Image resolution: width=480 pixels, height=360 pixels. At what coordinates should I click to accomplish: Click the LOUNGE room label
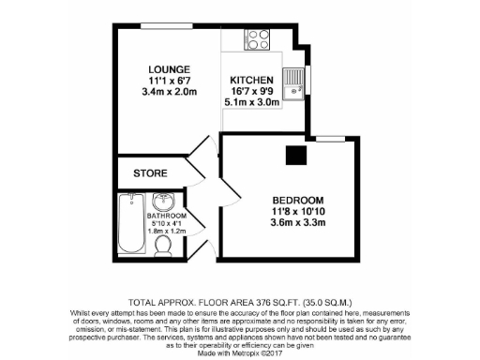169,69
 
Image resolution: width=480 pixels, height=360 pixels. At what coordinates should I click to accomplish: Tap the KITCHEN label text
251,81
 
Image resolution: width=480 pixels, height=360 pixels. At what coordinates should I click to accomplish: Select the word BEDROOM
297,201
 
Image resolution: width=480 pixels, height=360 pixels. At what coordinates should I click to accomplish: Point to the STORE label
150,173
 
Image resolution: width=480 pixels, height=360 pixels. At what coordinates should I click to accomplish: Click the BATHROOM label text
167,217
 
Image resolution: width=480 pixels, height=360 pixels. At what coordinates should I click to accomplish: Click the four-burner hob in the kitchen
256,39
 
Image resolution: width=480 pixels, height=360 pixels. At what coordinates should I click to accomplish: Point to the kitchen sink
292,82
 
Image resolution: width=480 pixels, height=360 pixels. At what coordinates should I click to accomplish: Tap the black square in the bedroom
296,155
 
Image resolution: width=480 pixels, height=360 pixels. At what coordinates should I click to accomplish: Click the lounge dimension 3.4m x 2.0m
169,92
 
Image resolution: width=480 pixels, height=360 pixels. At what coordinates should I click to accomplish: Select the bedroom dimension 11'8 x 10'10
297,212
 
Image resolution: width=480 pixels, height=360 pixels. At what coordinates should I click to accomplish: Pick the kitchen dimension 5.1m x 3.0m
251,103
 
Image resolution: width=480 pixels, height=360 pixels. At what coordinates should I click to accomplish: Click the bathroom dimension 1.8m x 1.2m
167,231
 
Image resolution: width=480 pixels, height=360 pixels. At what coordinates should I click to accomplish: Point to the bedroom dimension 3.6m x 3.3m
297,223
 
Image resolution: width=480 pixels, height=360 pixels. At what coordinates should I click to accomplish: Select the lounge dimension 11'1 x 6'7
169,81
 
